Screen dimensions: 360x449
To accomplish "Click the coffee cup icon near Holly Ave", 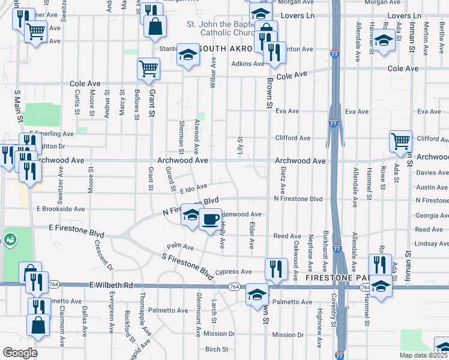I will pyautogui.click(x=208, y=220).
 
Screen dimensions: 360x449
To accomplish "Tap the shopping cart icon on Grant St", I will pyautogui.click(x=148, y=68).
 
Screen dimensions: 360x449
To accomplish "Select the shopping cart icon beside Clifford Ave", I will pyautogui.click(x=400, y=142).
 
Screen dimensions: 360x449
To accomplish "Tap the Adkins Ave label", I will pyautogui.click(x=248, y=64).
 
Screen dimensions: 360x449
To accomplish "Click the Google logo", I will pyautogui.click(x=19, y=353).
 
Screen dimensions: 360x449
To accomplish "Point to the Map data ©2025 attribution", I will pyautogui.click(x=424, y=355).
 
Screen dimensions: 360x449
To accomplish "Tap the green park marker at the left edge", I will pyautogui.click(x=10, y=241).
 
